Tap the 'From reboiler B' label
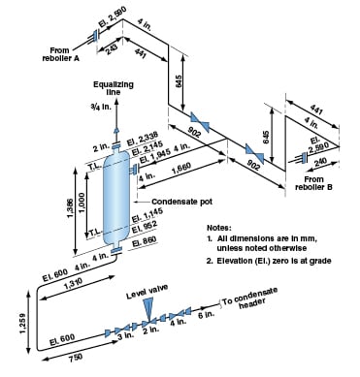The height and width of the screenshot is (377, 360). pos(323,182)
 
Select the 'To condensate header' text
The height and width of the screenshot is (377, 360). pos(255,302)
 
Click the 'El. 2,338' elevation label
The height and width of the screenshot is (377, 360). pos(142,137)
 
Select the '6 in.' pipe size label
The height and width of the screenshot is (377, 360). pos(207,314)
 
